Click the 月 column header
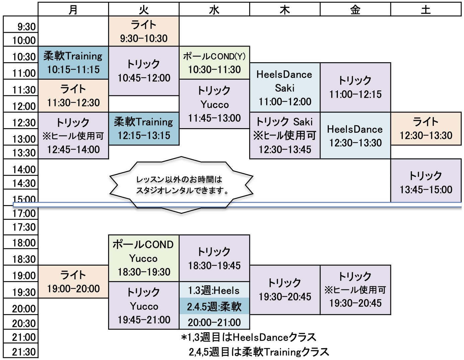(x=73, y=9)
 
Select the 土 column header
(x=426, y=9)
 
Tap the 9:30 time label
(x=26, y=26)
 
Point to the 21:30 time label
(x=24, y=352)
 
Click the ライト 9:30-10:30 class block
(x=144, y=31)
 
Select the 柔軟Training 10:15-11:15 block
(x=73, y=63)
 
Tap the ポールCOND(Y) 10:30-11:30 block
(x=214, y=63)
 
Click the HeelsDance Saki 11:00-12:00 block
(x=285, y=88)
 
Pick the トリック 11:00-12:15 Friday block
(x=355, y=87)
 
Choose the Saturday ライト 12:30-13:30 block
(x=426, y=128)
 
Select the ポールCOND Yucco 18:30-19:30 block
(x=144, y=258)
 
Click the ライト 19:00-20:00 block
(x=73, y=281)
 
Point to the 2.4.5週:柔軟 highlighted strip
(x=214, y=306)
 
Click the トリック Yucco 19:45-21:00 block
(x=144, y=305)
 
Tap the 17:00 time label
(x=24, y=213)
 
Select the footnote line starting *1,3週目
(x=249, y=337)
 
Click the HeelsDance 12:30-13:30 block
(x=355, y=136)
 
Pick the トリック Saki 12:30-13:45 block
(x=285, y=136)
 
